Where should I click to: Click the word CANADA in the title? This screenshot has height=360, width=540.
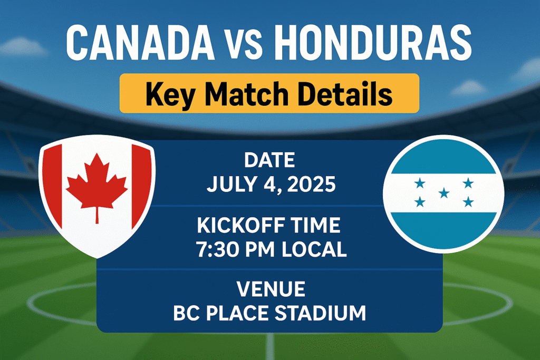point(140,42)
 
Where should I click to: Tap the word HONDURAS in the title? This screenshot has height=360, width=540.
point(372,42)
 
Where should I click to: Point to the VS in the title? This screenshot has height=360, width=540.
point(244,45)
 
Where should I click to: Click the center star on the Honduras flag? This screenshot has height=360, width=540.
point(444,193)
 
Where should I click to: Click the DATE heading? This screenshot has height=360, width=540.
point(269,160)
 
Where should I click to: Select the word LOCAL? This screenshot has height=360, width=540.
point(314,249)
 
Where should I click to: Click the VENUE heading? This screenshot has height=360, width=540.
point(271,289)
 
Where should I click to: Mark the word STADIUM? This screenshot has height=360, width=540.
point(320,313)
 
